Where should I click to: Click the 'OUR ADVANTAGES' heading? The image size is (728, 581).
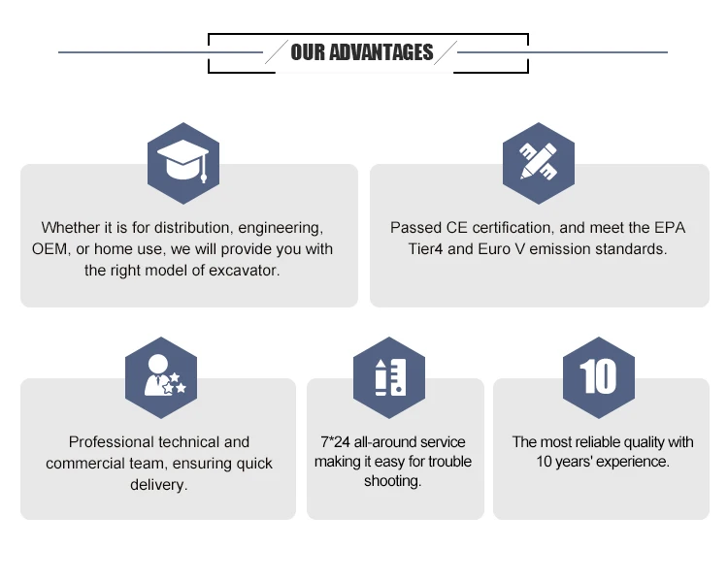click(362, 52)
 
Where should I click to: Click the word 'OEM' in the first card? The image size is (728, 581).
click(50, 249)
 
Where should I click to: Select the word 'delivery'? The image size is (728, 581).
click(158, 484)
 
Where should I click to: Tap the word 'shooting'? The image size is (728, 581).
click(392, 482)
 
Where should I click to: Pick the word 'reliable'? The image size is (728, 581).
click(602, 442)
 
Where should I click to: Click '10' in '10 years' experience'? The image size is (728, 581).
click(546, 462)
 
